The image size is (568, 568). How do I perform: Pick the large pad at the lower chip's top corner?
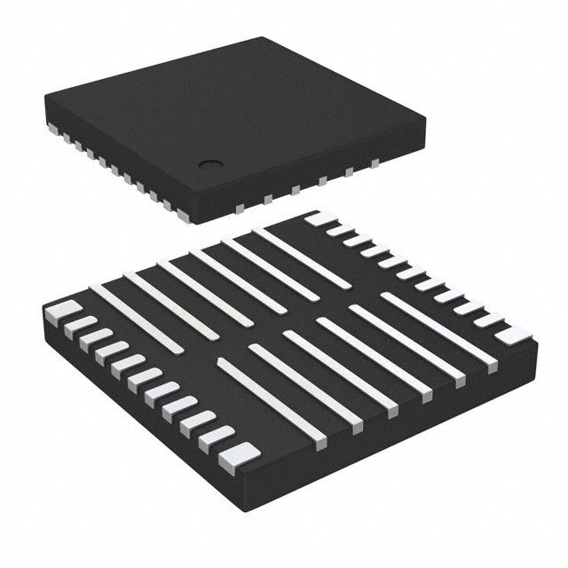coord(319,219)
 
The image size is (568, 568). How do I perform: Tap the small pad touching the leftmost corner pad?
coord(75,325)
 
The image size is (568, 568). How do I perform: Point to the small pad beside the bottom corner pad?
coord(218,435)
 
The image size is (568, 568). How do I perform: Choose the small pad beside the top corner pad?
coord(339,230)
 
